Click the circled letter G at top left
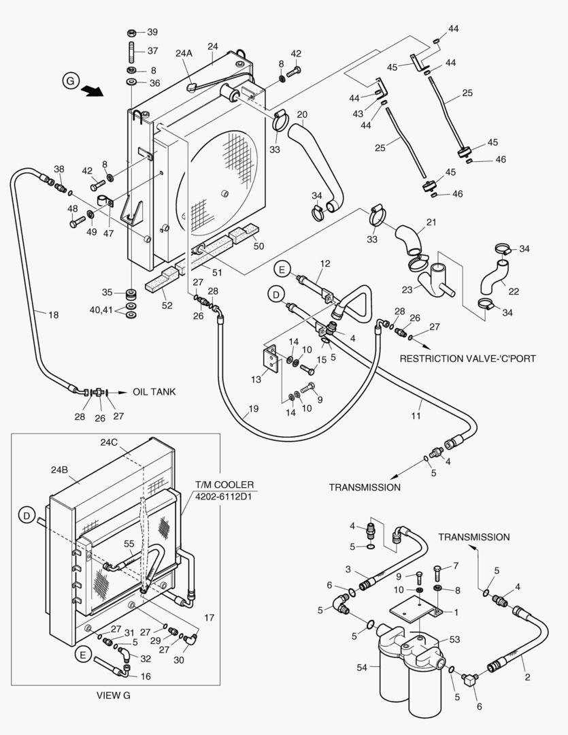(70, 80)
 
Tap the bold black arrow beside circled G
(91, 91)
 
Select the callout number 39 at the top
(152, 32)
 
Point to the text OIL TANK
(154, 392)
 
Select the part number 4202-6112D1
(224, 496)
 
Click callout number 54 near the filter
(363, 668)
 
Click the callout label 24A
(184, 52)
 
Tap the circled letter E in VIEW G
(83, 655)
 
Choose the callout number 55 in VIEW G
(129, 544)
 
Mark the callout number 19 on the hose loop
(253, 409)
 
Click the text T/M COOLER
(224, 485)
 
